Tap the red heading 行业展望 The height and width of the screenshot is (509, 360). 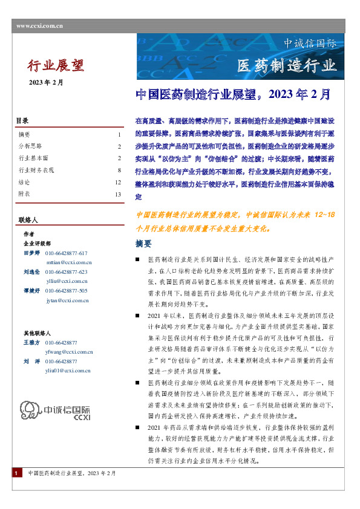(56, 65)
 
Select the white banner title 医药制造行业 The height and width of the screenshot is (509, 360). (286, 65)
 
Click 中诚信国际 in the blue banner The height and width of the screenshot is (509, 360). (310, 44)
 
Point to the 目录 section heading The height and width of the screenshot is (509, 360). (22, 121)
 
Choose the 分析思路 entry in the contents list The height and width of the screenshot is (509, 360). (30, 146)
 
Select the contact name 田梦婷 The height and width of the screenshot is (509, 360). (31, 253)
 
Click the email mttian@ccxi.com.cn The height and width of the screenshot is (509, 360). (69, 262)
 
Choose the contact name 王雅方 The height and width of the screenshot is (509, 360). (31, 343)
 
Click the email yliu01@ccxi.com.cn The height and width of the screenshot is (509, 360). (68, 371)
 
